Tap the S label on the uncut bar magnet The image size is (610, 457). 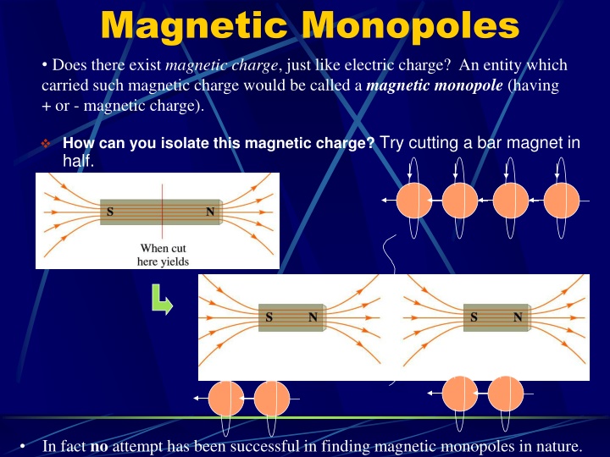(x=111, y=212)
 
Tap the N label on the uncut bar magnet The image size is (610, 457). (x=209, y=212)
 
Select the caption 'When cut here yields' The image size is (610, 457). (x=164, y=255)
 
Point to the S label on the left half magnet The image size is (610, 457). (x=269, y=317)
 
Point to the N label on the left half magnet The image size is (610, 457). (x=313, y=317)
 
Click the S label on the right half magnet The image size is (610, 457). (x=474, y=317)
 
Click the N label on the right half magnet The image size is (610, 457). (x=517, y=317)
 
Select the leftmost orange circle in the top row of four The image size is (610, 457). (x=414, y=201)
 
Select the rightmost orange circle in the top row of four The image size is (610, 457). (x=561, y=201)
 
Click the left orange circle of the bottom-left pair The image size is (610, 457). (x=225, y=398)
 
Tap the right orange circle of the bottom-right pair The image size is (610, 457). (x=506, y=393)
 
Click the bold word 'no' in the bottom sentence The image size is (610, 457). (x=99, y=446)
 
